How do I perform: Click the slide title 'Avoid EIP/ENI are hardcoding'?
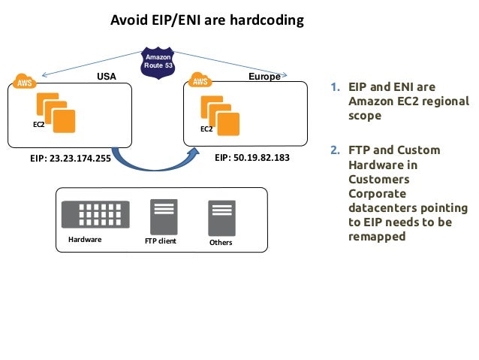click(x=207, y=20)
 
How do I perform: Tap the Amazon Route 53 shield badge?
click(x=158, y=62)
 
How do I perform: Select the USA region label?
click(x=108, y=77)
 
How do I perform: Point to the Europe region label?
click(x=264, y=77)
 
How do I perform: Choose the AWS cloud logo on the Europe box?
click(x=200, y=80)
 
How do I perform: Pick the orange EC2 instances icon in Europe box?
click(x=220, y=113)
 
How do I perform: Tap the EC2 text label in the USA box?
click(x=38, y=124)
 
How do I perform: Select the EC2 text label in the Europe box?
click(x=206, y=129)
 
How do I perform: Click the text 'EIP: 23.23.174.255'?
click(x=70, y=159)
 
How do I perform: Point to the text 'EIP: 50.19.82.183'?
click(x=252, y=159)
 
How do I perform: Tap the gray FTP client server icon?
click(x=164, y=216)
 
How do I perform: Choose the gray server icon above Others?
click(x=221, y=218)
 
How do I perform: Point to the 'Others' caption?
click(x=221, y=243)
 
